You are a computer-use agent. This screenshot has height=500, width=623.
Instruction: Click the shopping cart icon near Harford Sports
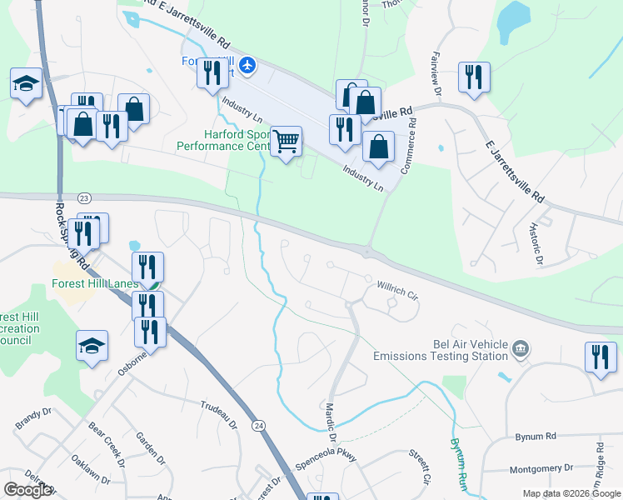(x=286, y=142)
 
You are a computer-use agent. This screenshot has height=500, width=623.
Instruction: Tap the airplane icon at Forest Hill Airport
(x=247, y=65)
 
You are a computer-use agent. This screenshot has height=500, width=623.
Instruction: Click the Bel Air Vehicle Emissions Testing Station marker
(x=521, y=347)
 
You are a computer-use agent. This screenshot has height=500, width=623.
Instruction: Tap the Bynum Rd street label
(x=535, y=436)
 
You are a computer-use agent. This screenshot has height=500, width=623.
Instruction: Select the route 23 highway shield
(x=84, y=197)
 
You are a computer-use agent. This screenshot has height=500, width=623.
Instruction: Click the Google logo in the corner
(x=27, y=489)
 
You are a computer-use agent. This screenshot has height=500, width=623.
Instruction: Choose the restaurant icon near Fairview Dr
(x=474, y=77)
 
